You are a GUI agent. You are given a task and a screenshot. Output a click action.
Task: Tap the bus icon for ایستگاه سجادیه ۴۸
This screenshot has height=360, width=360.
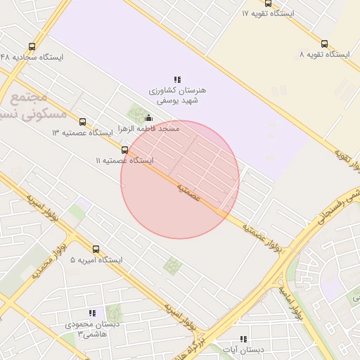point(32,46)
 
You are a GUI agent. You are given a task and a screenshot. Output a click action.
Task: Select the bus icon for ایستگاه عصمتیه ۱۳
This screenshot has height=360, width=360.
point(83,122)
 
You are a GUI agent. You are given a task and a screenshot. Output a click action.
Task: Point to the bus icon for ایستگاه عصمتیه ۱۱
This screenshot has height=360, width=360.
point(124,150)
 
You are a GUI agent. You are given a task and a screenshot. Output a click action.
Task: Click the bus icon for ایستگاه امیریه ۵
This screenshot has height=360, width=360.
point(96,249)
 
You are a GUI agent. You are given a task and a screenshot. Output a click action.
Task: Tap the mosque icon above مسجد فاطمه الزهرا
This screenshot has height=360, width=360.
point(148,117)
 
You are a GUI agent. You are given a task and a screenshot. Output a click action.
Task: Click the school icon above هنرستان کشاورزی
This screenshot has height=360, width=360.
point(178,79)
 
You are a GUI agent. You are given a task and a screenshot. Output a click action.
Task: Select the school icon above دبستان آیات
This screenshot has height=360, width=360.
point(243,338)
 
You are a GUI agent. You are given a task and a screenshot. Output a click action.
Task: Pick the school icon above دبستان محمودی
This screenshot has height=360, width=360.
point(92,313)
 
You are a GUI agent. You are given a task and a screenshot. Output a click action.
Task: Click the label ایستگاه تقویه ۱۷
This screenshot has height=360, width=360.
point(268,13)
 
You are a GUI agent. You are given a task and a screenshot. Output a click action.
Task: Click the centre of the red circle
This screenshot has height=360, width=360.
point(180,180)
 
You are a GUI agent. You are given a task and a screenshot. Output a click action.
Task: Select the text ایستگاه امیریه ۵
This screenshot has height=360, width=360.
point(96,260)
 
